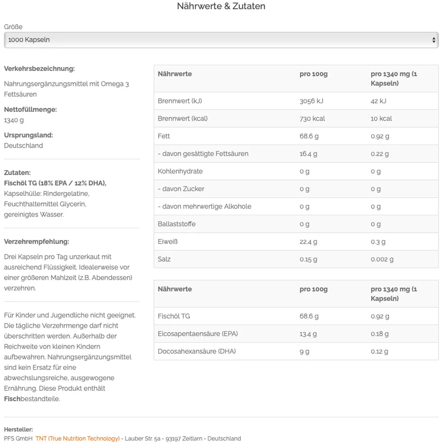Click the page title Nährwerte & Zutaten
tap(221, 7)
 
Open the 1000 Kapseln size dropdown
tap(221, 40)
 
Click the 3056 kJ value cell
tap(311, 101)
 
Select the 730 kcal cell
tap(312, 118)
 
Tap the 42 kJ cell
tap(379, 101)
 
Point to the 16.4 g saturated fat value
tap(309, 153)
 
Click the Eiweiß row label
tap(168, 242)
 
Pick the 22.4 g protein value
tap(309, 242)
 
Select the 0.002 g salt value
tap(382, 259)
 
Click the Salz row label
tap(164, 259)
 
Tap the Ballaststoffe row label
tap(176, 224)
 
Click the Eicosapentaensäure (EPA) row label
tap(198, 334)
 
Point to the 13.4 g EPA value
tap(308, 334)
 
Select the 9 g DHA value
tap(304, 352)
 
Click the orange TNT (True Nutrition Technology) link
tap(78, 438)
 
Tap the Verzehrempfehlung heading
tap(36, 242)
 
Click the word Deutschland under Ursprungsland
tap(23, 146)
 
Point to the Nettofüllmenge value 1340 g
tap(14, 120)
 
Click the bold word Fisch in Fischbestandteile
tap(12, 399)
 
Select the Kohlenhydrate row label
tap(180, 171)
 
